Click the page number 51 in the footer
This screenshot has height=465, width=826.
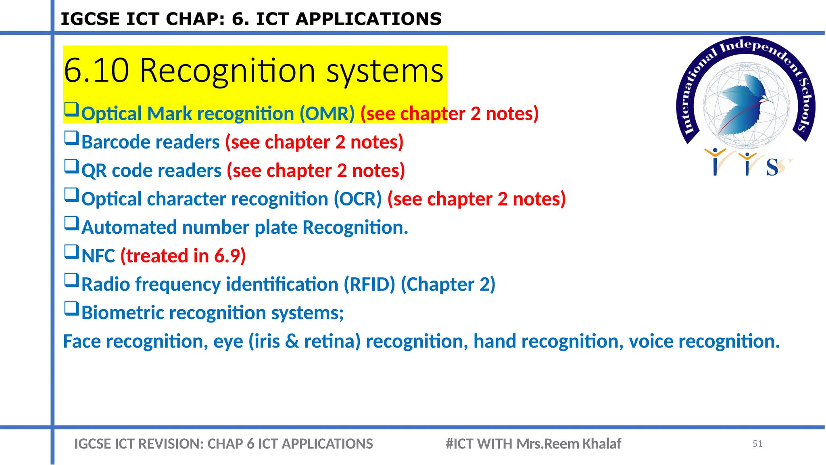pos(757,444)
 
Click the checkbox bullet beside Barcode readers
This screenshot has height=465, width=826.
pos(71,138)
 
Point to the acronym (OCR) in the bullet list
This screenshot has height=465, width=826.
pos(357,199)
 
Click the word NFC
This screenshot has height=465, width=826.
pos(98,256)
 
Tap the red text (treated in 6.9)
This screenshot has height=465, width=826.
pos(183,256)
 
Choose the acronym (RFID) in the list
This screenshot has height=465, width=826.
pos(369,285)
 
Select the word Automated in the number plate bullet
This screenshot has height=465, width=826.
pos(129,228)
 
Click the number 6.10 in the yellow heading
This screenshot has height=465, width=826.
pos(96,71)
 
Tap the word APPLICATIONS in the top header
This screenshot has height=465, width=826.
pos(369,19)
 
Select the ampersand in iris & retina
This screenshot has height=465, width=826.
pos(292,341)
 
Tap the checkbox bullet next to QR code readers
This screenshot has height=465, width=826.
pos(71,166)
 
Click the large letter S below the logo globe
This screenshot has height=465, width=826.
pos(772,167)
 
